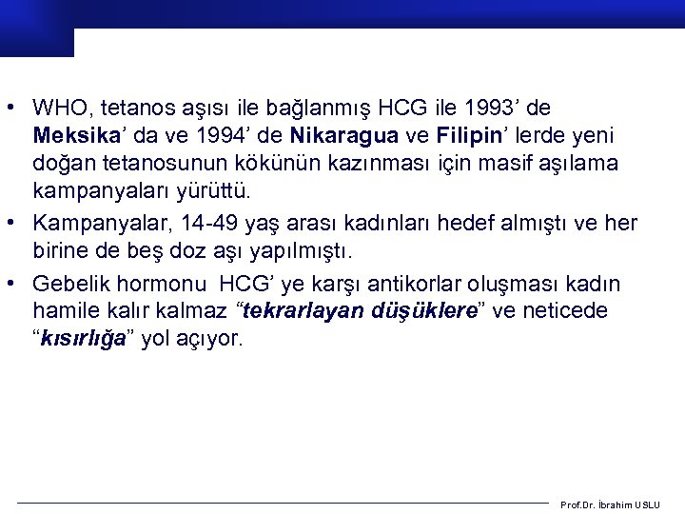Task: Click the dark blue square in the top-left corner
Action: coord(36,29)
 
